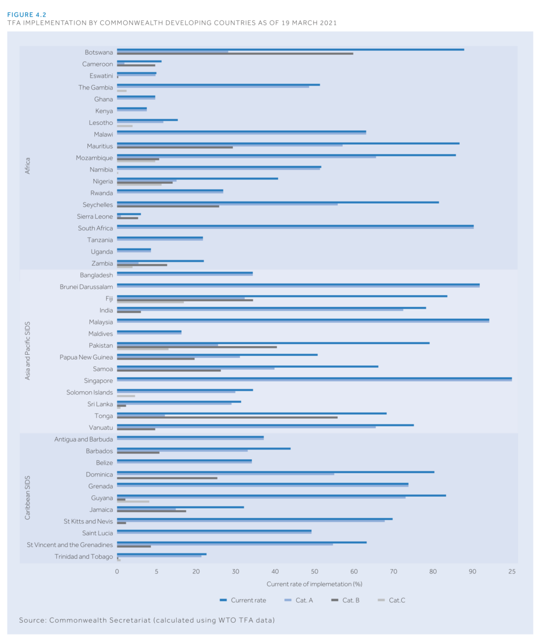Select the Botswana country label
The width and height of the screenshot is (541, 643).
tap(99, 52)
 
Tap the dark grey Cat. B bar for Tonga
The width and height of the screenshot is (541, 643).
tap(227, 417)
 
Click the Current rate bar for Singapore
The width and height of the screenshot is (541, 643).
tap(314, 378)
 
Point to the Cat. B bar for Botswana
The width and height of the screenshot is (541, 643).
tap(235, 54)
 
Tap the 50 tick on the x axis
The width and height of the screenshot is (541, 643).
tap(314, 572)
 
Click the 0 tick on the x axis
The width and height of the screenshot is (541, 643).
tap(117, 572)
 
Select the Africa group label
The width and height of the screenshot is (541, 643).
tap(27, 165)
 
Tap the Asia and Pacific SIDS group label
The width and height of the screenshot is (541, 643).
tap(27, 352)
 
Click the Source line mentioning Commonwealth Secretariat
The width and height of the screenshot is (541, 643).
tap(147, 620)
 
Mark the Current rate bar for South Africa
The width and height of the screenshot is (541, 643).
tap(295, 226)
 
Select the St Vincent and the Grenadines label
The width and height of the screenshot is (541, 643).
tap(70, 544)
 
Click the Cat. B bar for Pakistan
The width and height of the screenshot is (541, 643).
tap(197, 347)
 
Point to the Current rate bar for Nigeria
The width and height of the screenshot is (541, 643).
tap(197, 178)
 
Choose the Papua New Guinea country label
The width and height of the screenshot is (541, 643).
tap(86, 357)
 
